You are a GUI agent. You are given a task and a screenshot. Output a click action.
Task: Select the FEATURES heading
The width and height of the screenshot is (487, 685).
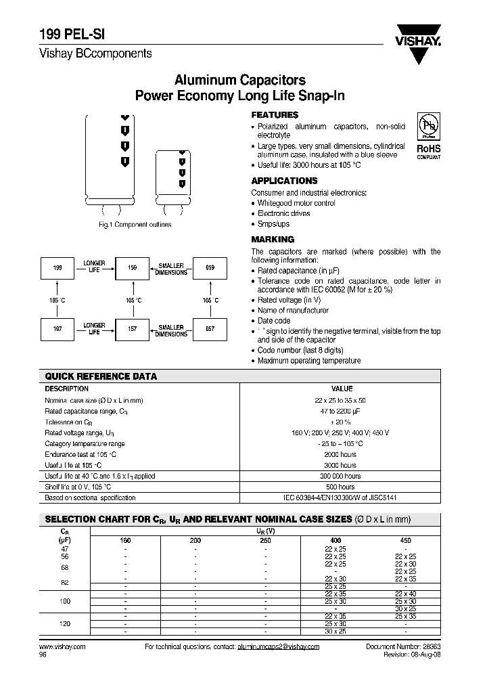click(x=275, y=115)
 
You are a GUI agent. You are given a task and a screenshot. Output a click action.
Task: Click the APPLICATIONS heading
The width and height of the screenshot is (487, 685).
click(x=284, y=181)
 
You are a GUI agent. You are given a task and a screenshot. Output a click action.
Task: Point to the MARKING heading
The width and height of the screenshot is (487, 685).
click(x=273, y=239)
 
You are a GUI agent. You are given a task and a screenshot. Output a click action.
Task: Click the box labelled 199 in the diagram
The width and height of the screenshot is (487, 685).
click(x=57, y=269)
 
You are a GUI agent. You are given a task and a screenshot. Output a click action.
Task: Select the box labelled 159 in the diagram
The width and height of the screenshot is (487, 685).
click(x=133, y=269)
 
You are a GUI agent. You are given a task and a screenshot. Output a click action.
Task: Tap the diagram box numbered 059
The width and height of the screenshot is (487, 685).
click(x=210, y=269)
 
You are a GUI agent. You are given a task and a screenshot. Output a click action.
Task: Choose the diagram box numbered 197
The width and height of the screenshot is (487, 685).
click(x=57, y=328)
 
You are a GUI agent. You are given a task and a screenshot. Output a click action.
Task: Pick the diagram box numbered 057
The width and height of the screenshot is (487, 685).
click(x=210, y=328)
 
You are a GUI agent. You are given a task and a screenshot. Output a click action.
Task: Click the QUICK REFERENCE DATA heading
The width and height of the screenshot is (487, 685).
click(x=101, y=376)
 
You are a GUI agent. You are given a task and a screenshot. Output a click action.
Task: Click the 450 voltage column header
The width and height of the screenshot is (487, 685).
click(x=406, y=541)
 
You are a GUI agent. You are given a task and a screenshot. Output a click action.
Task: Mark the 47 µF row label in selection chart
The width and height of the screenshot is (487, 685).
click(x=65, y=549)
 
